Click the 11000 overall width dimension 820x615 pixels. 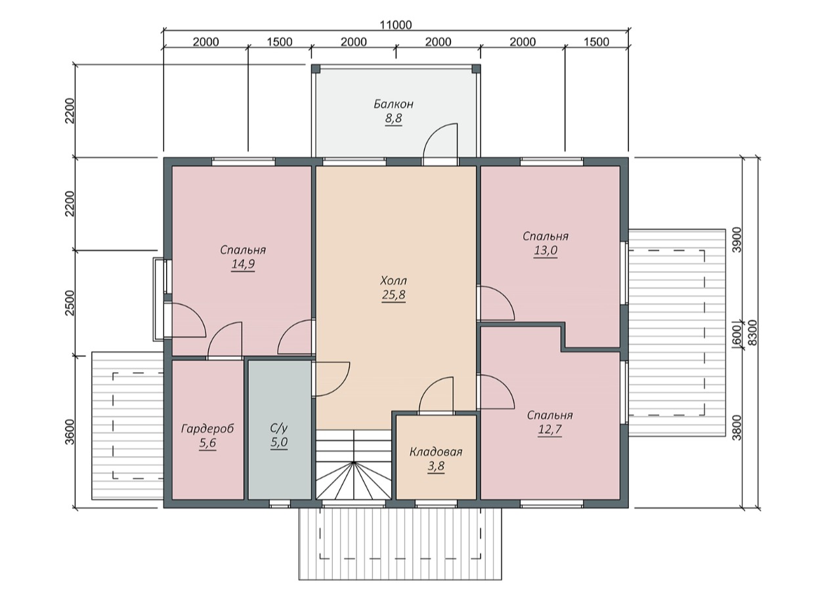(396, 25)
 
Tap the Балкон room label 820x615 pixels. (393, 104)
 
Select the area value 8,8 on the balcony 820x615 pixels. (393, 118)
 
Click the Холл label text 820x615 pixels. (393, 280)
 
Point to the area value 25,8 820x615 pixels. (393, 295)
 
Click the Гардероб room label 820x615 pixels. (207, 429)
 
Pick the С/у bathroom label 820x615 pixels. (278, 428)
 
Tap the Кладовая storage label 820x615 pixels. (435, 452)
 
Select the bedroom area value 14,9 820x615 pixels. (243, 264)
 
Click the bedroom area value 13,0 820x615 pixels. (546, 250)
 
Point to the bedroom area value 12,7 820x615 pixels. (550, 429)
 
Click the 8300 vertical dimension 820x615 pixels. (752, 333)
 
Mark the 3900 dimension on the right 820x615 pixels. (737, 240)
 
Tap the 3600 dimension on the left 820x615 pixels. (70, 432)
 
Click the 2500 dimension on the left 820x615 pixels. (70, 303)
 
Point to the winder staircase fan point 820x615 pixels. (353, 462)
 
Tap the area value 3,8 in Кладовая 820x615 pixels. (436, 467)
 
